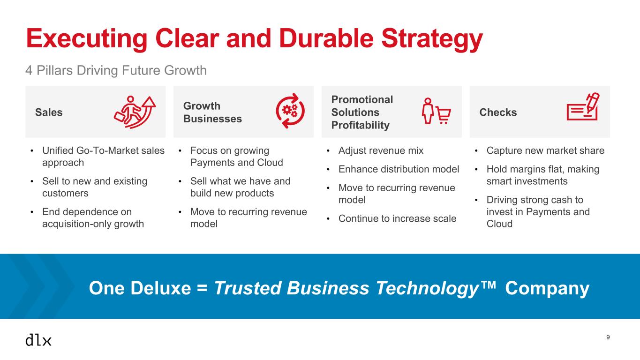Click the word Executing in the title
[87, 39]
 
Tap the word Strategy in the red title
[432, 39]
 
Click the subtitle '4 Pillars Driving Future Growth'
[116, 70]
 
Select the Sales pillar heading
[49, 112]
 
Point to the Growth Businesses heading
[212, 112]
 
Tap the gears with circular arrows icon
[290, 111]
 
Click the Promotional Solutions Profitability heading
[362, 112]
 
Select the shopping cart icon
[444, 115]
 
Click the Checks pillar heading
[498, 112]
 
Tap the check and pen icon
[583, 106]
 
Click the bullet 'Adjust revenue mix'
[381, 150]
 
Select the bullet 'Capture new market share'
[545, 150]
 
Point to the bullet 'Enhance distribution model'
[399, 169]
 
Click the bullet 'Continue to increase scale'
[398, 218]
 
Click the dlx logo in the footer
[38, 340]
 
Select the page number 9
[608, 337]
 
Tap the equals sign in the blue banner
[202, 288]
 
